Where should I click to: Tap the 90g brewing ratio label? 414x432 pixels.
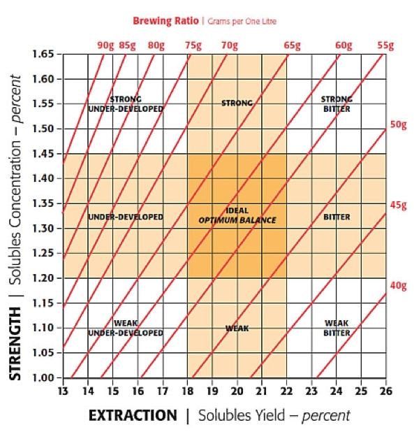[x=105, y=46]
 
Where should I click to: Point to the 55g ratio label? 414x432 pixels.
[x=385, y=46]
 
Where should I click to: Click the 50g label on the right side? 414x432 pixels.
[x=398, y=125]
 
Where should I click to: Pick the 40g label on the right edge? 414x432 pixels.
[x=398, y=285]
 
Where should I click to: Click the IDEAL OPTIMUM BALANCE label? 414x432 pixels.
[x=237, y=215]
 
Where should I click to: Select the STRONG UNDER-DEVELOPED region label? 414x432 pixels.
[x=126, y=104]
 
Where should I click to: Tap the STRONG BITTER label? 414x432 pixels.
[x=337, y=104]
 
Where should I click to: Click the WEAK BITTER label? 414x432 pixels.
[x=337, y=328]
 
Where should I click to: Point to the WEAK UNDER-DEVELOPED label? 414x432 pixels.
[x=126, y=328]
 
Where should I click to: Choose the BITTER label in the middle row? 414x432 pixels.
[x=337, y=217]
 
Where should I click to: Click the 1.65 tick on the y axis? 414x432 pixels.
[x=44, y=54]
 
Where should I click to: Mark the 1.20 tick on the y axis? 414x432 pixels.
[x=44, y=278]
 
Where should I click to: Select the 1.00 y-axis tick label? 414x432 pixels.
[x=44, y=378]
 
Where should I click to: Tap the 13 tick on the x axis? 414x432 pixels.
[x=64, y=390]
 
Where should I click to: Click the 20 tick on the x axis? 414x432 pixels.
[x=237, y=390]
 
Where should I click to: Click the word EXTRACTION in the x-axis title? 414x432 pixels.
[x=133, y=415]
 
